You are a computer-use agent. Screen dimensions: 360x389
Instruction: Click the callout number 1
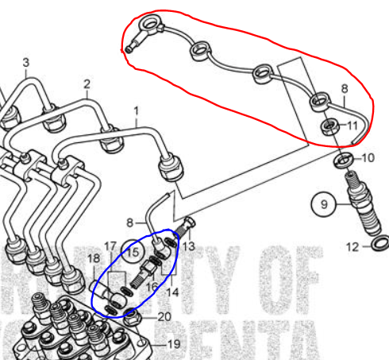(x=136, y=110)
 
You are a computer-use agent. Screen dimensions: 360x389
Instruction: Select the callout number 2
(x=87, y=83)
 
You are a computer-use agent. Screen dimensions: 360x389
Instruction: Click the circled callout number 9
(x=324, y=206)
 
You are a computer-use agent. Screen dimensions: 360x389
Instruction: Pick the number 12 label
(x=353, y=247)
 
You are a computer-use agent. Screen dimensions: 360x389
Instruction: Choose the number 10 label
(x=367, y=158)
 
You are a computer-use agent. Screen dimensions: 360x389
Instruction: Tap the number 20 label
(x=164, y=316)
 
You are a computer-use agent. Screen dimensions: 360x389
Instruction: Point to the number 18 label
(x=94, y=259)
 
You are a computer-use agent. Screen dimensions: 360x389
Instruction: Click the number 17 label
(x=110, y=246)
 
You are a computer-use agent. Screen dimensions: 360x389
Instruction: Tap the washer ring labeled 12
(x=379, y=242)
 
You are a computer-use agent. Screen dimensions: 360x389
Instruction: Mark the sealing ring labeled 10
(x=344, y=161)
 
